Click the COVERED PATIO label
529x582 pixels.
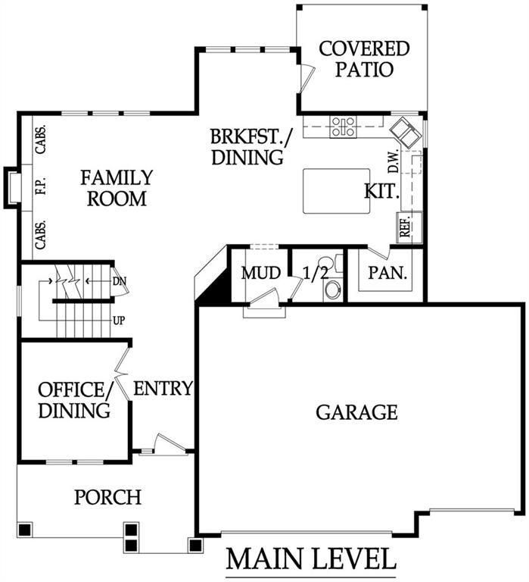364,59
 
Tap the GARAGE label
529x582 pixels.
356,412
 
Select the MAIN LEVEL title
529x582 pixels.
310,559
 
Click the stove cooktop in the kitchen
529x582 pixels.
344,127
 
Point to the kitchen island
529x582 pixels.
337,191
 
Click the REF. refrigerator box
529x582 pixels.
409,227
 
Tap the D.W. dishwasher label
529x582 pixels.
393,161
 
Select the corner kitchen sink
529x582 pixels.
406,133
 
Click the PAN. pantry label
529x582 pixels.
387,273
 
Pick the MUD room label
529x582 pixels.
261,273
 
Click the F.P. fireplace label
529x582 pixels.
40,185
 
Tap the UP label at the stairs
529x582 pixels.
119,321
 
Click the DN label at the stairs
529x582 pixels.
120,281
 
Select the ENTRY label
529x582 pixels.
163,389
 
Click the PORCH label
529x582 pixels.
108,497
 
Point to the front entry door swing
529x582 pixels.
169,443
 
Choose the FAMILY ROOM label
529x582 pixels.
117,188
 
